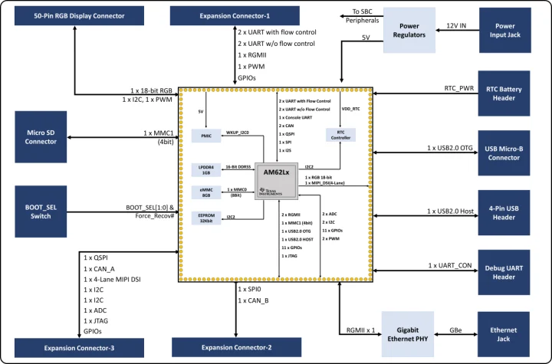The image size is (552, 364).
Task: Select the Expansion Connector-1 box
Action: [x=214, y=15]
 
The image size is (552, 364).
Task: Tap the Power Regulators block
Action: [x=409, y=31]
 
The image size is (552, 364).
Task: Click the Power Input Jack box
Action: [x=504, y=31]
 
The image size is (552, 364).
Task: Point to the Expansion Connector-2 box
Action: [x=236, y=348]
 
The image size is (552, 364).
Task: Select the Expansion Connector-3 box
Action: [x=80, y=348]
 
